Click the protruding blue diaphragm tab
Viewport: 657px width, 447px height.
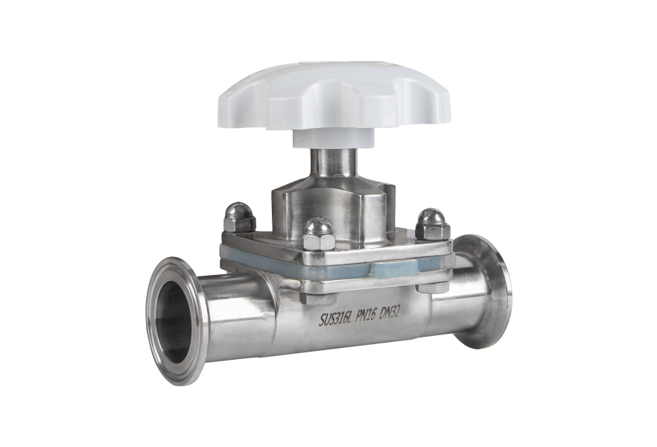coord(394,269)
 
